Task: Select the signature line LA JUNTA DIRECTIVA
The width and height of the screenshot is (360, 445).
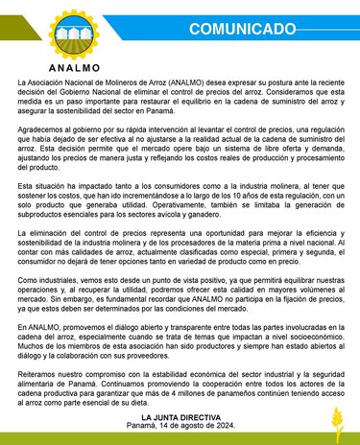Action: coord(180,419)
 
